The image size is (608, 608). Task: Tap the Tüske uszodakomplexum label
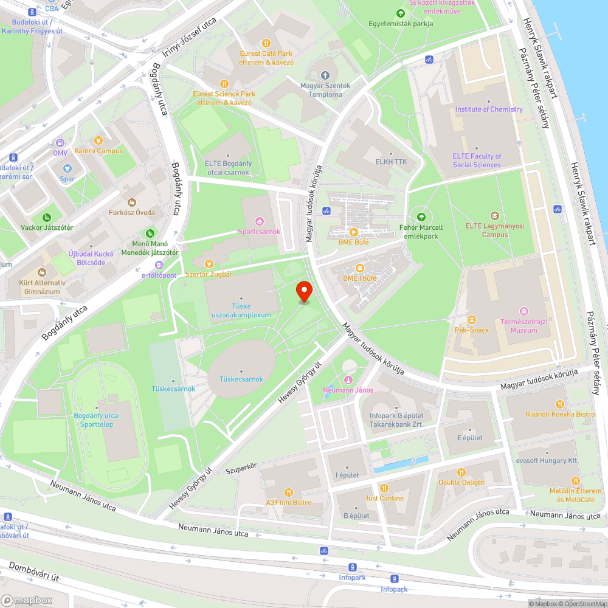coord(241,311)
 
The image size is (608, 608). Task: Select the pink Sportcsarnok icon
coord(260,221)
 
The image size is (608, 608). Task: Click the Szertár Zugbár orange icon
coord(209,263)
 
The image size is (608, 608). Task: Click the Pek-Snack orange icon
coord(471,320)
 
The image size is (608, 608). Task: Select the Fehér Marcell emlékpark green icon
coord(420,216)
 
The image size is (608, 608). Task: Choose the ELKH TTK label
coord(391,161)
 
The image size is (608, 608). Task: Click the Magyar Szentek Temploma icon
coord(325,75)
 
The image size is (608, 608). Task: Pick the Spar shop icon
coord(67,168)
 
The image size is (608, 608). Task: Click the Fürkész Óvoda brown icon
coord(131,202)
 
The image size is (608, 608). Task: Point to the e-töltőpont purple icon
coord(159,265)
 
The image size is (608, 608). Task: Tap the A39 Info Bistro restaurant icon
coord(288,492)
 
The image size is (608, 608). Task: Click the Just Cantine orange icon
coord(384,488)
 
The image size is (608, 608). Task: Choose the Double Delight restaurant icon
coord(461,472)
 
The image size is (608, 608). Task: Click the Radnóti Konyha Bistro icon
coord(560,404)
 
